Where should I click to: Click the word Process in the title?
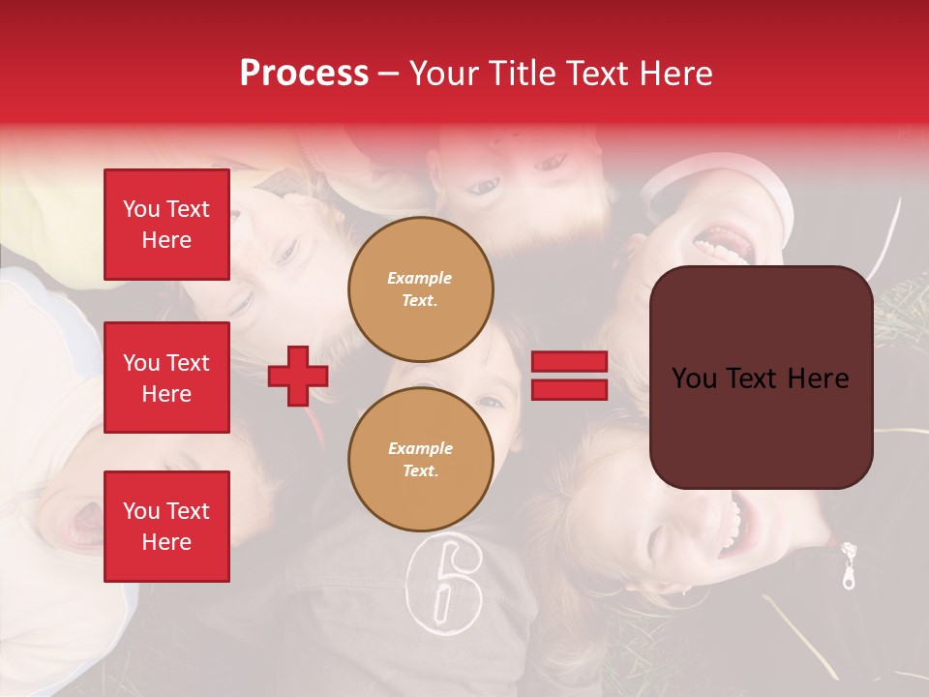click(304, 74)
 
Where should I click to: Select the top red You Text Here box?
click(166, 225)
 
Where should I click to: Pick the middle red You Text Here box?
click(166, 378)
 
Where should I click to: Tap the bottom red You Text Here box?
click(166, 527)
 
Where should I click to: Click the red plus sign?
click(298, 376)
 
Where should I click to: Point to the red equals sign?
click(569, 376)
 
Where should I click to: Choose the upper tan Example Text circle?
click(421, 289)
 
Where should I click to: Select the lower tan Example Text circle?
click(421, 460)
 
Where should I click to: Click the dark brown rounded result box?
click(761, 378)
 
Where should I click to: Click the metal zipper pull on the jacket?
click(849, 566)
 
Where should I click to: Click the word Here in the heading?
click(677, 74)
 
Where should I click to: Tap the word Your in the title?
click(444, 74)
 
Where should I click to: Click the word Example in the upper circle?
click(420, 278)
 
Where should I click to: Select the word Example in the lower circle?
click(420, 448)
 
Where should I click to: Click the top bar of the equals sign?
click(569, 362)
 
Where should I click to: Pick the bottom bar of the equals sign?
click(569, 389)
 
